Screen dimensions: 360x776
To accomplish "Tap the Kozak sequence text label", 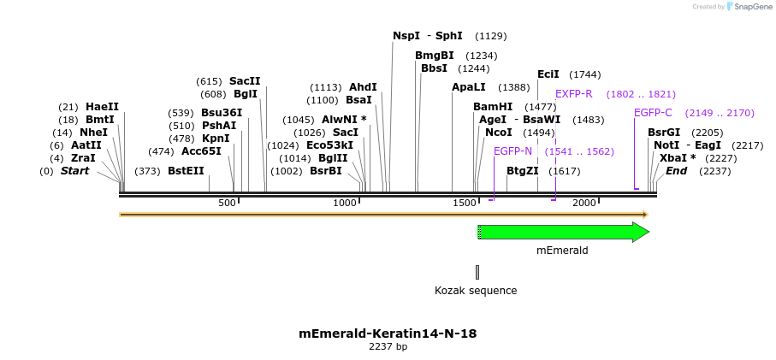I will tap(476, 291).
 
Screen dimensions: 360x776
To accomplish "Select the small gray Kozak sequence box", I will tap(477, 272).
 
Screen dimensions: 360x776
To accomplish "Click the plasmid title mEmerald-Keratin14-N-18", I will tap(388, 333).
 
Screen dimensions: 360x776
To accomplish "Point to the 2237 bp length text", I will tap(388, 346).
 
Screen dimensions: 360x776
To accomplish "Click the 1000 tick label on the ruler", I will tap(345, 203).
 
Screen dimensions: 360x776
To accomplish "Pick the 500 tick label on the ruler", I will tap(227, 203).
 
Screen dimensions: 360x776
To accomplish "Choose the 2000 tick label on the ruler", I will tap(583, 203).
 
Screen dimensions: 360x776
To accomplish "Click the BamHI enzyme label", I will tap(493, 107).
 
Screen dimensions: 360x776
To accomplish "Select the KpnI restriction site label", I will tap(216, 139).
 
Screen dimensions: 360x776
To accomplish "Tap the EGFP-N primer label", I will tap(512, 151).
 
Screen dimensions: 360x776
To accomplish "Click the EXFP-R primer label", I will tap(573, 94).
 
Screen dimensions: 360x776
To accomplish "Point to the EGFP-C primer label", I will tap(653, 113).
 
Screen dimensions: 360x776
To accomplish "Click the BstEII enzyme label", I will tap(186, 171).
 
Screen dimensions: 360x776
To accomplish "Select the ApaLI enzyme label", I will tap(468, 87).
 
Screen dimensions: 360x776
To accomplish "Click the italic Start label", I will tap(74, 171).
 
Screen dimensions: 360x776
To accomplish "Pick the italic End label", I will tap(676, 171).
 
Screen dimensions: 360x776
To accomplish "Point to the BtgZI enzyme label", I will tap(522, 171).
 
